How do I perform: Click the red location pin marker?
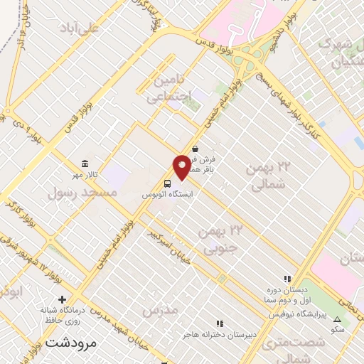[x=182, y=166]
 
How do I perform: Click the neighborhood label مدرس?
[x=159, y=311]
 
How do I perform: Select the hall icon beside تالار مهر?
[x=85, y=164]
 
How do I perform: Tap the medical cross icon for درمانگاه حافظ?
[x=62, y=299]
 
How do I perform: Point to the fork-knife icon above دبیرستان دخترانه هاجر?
[x=220, y=324]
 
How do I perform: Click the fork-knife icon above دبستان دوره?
[x=287, y=279]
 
